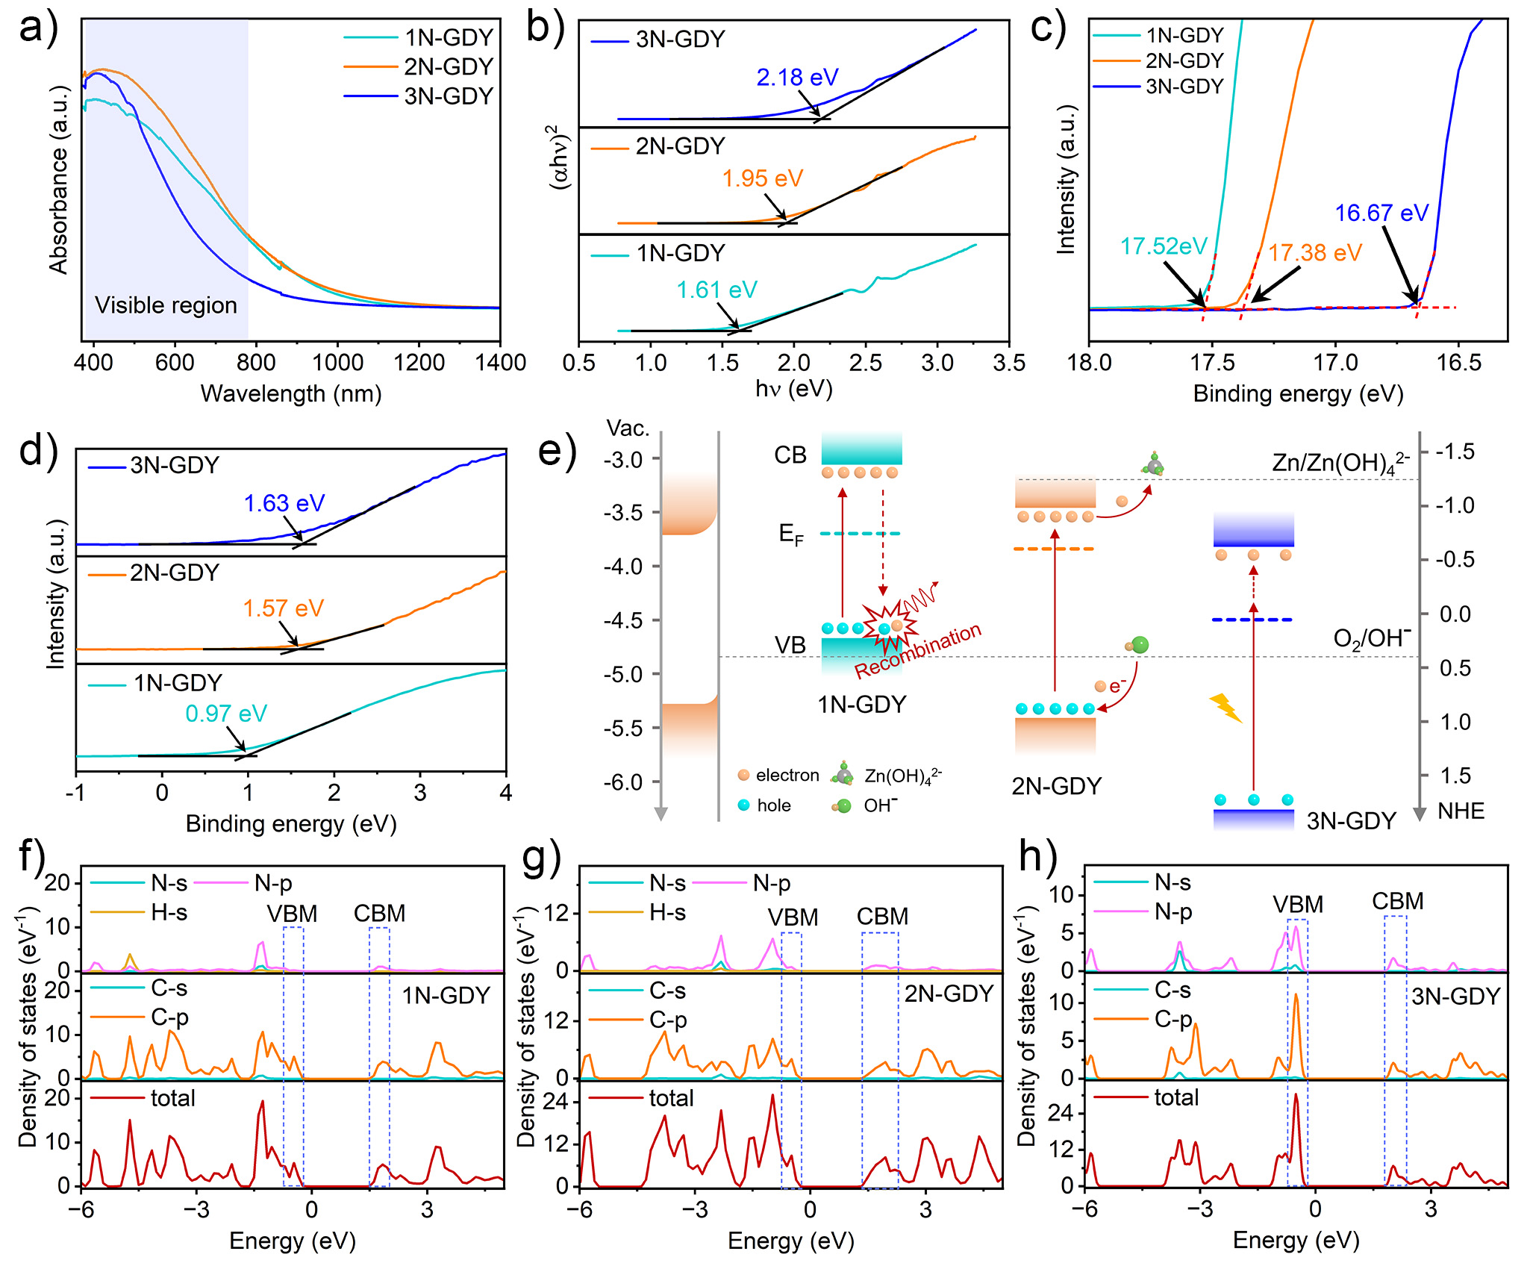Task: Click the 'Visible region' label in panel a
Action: pyautogui.click(x=166, y=305)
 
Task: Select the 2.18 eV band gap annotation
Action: pyautogui.click(x=797, y=77)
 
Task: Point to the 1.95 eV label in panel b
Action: pyautogui.click(x=762, y=178)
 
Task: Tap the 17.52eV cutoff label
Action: pyautogui.click(x=1163, y=246)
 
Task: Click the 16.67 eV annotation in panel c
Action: pyautogui.click(x=1381, y=213)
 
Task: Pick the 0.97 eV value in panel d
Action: pyautogui.click(x=225, y=714)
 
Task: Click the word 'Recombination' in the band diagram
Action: pyautogui.click(x=917, y=651)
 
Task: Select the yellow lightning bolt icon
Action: pyautogui.click(x=1225, y=708)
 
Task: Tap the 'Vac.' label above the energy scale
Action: pyautogui.click(x=628, y=428)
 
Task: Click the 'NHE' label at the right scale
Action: pyautogui.click(x=1461, y=811)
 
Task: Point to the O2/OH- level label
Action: pyautogui.click(x=1372, y=638)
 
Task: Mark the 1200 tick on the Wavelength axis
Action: pyautogui.click(x=419, y=363)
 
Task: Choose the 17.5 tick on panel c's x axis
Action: pyautogui.click(x=1212, y=363)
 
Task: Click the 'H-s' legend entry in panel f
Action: pyautogui.click(x=169, y=912)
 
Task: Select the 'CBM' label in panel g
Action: pyautogui.click(x=882, y=917)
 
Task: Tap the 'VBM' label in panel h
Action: pyautogui.click(x=1298, y=905)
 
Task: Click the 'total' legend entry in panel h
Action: pyautogui.click(x=1176, y=1097)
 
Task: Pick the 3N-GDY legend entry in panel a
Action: pyautogui.click(x=448, y=96)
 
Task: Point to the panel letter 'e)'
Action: pyautogui.click(x=557, y=452)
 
